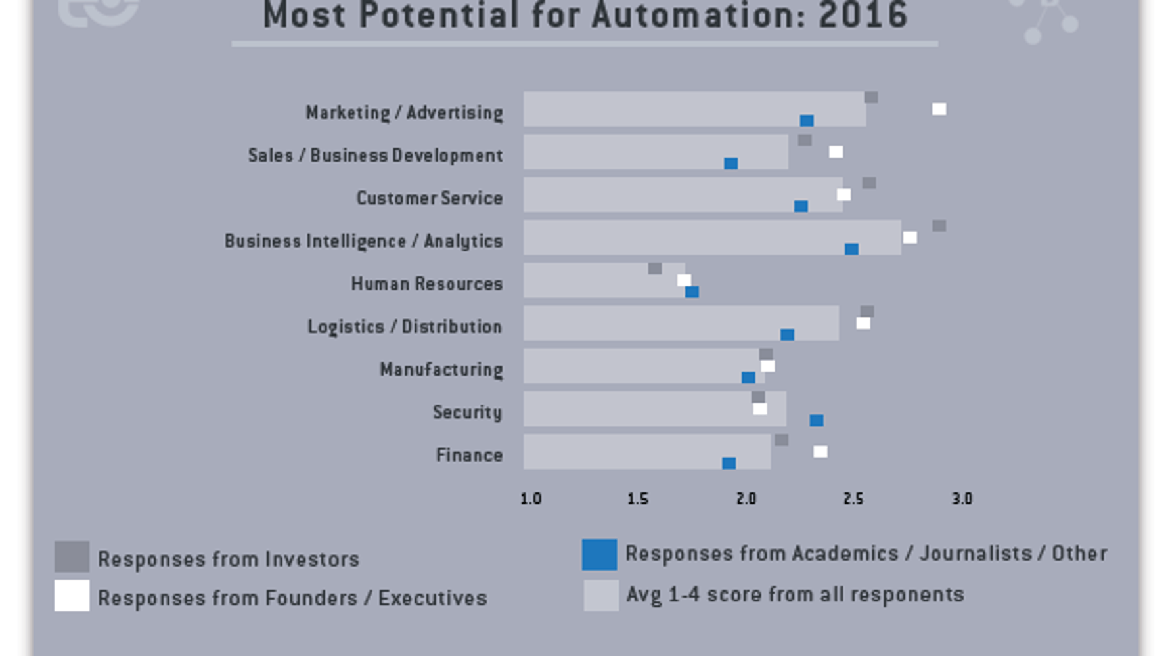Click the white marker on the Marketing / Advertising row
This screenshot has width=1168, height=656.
coord(939,109)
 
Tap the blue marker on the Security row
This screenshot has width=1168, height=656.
coord(816,420)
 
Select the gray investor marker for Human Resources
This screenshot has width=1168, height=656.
coord(654,269)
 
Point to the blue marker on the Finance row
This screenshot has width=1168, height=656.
coord(729,464)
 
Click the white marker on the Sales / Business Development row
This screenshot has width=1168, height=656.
coord(836,152)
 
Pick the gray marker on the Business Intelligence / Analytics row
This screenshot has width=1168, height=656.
coord(939,226)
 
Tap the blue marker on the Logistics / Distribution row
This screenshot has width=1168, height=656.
coord(787,335)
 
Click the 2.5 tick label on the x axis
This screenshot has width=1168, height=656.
coord(853,499)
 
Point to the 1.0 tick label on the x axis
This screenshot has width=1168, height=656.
coord(531,499)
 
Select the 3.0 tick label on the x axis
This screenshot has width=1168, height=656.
coord(961,499)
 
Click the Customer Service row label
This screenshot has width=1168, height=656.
coord(429,198)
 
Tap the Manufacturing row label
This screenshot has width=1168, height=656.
coord(441,370)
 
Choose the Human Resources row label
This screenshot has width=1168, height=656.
coord(426,284)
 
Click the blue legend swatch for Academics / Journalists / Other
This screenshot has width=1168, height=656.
coord(599,554)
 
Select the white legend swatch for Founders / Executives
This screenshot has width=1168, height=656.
coord(72,596)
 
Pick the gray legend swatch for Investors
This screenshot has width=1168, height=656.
coord(72,557)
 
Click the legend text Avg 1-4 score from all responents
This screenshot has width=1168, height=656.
coord(794,595)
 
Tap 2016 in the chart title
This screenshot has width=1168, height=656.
coord(863,16)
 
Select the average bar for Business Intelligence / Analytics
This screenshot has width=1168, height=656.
coord(711,238)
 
